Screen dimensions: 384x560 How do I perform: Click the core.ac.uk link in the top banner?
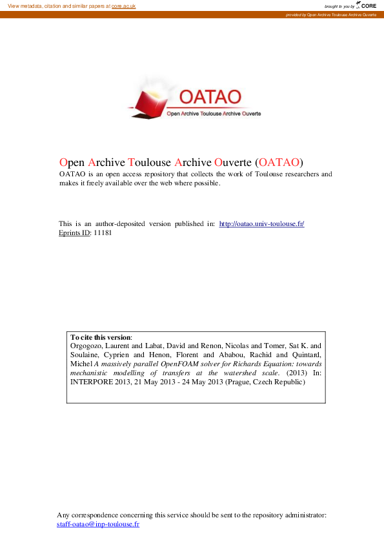[x=123, y=5]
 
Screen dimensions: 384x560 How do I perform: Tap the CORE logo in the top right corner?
[x=367, y=5]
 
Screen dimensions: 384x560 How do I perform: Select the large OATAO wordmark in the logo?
[x=210, y=97]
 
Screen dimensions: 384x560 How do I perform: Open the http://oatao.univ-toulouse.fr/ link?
[x=261, y=223]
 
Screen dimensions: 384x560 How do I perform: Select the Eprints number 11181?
[x=104, y=233]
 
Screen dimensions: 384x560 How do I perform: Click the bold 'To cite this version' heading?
[x=100, y=337]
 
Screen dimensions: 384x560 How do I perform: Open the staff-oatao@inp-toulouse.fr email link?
[x=98, y=524]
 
